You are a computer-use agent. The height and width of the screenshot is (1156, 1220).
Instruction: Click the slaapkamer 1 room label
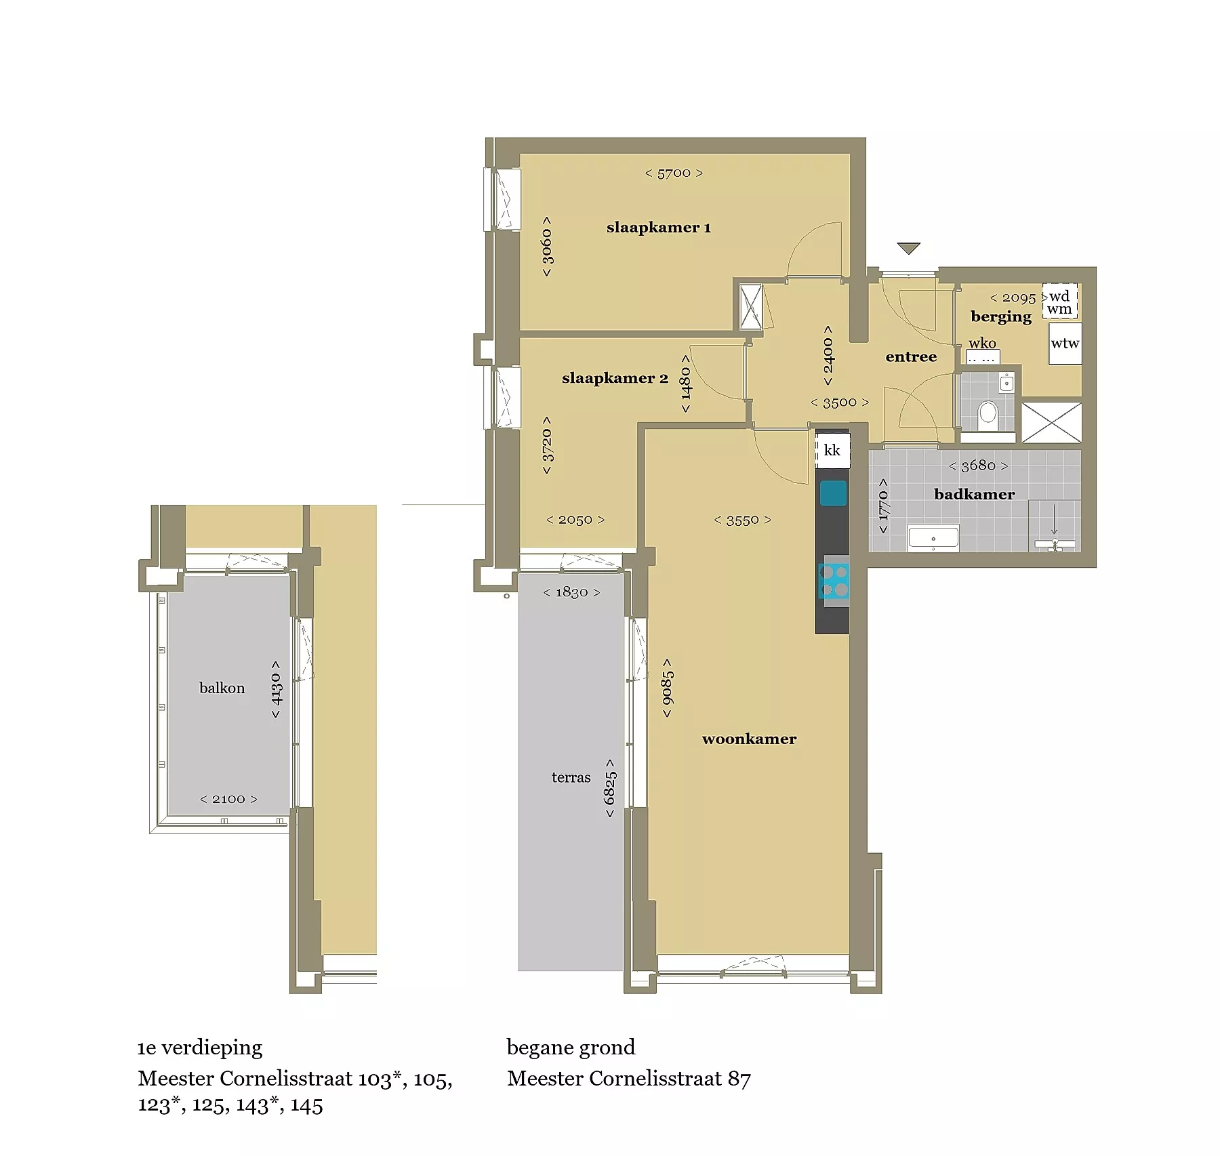click(x=658, y=228)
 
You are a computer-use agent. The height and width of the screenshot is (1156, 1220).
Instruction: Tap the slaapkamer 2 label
click(x=615, y=378)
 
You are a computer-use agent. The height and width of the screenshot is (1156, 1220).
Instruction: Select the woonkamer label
click(x=749, y=739)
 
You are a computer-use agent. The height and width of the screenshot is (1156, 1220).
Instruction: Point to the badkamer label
click(x=974, y=494)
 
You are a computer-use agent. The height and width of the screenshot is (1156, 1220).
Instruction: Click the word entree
click(x=911, y=356)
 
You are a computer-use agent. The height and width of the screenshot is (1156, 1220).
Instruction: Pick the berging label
click(x=1001, y=316)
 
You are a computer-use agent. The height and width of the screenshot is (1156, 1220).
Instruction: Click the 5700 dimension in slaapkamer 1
click(x=674, y=173)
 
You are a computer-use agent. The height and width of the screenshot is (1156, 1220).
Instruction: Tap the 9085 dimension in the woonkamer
click(x=668, y=688)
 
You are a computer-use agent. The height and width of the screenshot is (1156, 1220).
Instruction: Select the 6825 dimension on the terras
click(x=610, y=788)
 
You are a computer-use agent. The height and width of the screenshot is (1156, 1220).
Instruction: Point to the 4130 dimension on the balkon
click(x=276, y=690)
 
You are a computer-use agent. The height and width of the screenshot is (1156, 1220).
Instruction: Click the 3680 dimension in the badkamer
click(x=978, y=466)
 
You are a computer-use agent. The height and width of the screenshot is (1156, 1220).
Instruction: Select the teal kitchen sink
click(x=833, y=493)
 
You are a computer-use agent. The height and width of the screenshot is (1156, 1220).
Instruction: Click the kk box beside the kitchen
click(x=832, y=450)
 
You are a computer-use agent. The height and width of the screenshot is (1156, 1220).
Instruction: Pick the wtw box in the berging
click(x=1065, y=344)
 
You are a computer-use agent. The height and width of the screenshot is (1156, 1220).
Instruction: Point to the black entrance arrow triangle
click(x=908, y=249)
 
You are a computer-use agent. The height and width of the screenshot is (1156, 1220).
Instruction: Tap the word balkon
click(x=222, y=688)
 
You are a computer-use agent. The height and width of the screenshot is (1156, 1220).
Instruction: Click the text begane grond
click(x=571, y=1048)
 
